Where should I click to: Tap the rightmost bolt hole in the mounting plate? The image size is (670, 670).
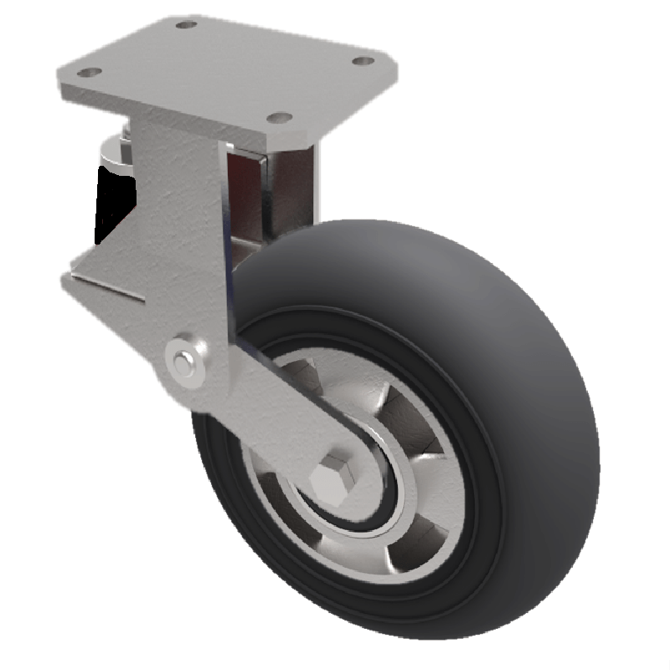point(362,61)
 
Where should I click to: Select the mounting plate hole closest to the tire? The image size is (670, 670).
point(282,117)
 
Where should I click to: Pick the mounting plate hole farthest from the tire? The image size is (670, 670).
point(187,24)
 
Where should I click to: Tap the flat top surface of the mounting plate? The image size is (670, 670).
point(226,67)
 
